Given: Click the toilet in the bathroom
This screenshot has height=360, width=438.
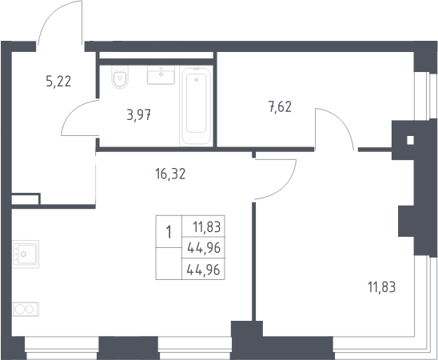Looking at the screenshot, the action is tap(120, 77).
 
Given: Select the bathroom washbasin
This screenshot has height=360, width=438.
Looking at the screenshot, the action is tap(161, 75).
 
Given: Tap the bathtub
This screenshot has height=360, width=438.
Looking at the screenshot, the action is tap(196, 106).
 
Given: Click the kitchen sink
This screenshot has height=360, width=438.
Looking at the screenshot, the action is tap(26, 254).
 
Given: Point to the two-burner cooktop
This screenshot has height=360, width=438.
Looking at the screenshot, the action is tap(26, 309).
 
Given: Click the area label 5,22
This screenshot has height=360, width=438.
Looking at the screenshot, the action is tap(58, 82).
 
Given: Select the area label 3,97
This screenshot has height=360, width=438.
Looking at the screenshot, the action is tap(139, 115).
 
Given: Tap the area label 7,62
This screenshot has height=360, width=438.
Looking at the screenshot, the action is tap(280, 106).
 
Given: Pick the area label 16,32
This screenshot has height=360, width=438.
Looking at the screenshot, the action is tap(170, 174).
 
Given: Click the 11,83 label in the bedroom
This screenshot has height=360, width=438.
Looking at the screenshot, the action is tap(381, 287).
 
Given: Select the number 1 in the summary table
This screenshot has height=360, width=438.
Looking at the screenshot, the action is tap(169, 232).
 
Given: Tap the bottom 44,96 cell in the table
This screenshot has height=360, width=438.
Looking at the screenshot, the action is tap(203, 270).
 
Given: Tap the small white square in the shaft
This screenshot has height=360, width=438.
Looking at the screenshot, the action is tap(410, 140).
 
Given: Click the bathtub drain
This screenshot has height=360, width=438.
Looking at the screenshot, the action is tap(197, 80).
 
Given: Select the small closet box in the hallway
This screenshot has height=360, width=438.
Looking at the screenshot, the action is tap(26, 199).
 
